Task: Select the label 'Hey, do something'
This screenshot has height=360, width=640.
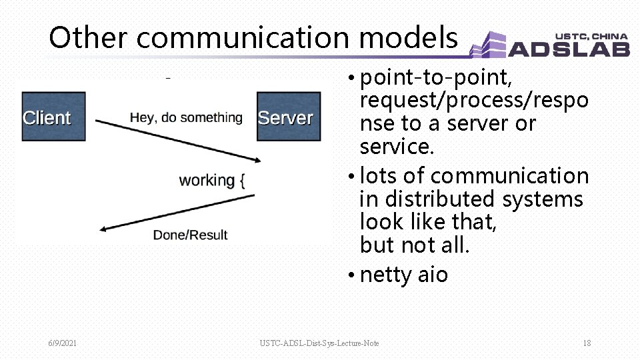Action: pyautogui.click(x=186, y=118)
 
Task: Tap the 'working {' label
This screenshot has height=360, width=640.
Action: pyautogui.click(x=212, y=181)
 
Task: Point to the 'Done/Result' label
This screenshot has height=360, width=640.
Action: pyautogui.click(x=190, y=235)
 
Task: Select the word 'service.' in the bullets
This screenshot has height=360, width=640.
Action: pyautogui.click(x=397, y=147)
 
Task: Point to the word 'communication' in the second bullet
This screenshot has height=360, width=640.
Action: pyautogui.click(x=509, y=176)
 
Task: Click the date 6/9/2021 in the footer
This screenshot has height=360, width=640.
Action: pyautogui.click(x=62, y=343)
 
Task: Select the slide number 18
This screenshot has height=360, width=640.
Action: pyautogui.click(x=587, y=343)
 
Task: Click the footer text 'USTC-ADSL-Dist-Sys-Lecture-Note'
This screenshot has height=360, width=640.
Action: pyautogui.click(x=319, y=343)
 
